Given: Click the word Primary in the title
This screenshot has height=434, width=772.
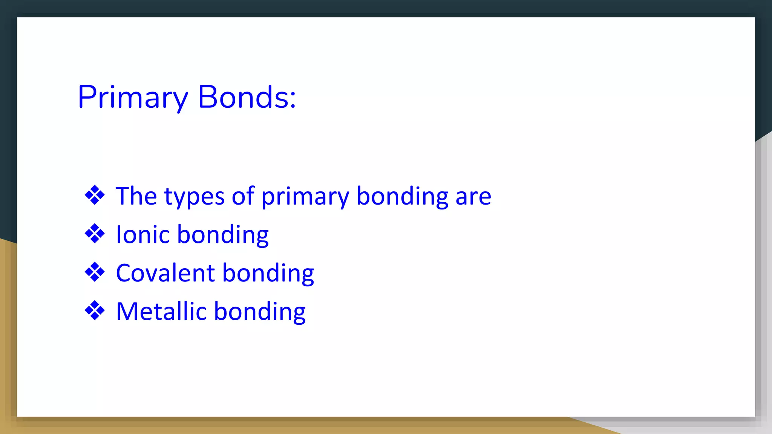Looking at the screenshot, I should (x=132, y=97).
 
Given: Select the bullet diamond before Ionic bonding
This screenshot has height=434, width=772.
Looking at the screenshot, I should (x=95, y=234).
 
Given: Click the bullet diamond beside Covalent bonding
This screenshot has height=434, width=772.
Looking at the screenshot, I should (x=95, y=272).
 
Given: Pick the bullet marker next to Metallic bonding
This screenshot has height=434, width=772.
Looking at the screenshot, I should (x=95, y=310).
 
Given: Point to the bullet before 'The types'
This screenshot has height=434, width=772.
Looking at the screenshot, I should (x=95, y=195).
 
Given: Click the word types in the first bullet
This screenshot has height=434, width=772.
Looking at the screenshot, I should (x=195, y=197).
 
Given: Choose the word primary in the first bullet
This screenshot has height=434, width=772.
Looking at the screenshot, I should (x=305, y=197).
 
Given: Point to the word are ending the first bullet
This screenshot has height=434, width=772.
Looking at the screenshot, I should (x=473, y=197).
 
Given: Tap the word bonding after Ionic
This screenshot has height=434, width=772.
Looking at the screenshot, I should (x=223, y=235).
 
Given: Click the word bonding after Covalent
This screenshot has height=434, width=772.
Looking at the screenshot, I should (x=268, y=274).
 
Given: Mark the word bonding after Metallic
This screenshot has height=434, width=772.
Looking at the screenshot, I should (x=260, y=312).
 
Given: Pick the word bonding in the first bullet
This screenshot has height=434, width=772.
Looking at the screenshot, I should (x=402, y=197).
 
